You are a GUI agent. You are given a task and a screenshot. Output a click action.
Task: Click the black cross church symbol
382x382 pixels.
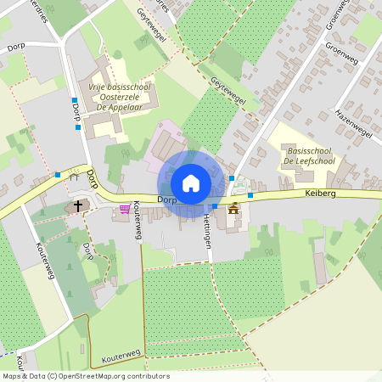click(78, 205)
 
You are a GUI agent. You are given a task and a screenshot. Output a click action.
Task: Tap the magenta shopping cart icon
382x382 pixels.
click(126, 209)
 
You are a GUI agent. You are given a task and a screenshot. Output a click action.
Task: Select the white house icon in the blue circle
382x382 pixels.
click(190, 183)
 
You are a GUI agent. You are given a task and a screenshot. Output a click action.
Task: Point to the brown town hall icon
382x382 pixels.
click(233, 209)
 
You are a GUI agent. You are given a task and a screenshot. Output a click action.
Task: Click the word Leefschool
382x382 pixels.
click(318, 160)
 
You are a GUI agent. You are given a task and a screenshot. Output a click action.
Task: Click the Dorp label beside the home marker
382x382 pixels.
click(165, 199)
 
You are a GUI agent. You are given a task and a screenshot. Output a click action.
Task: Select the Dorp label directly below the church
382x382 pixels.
click(88, 251)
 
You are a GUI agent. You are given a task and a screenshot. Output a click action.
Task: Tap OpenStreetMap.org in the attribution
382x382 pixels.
click(97, 376)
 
